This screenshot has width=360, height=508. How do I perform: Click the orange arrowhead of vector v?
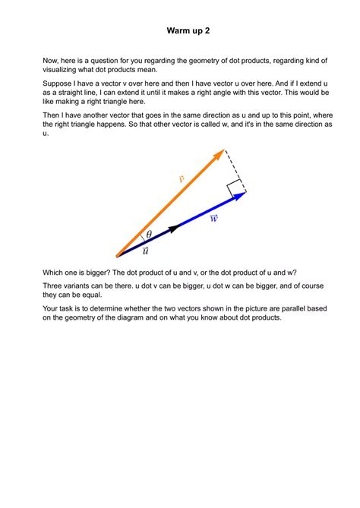pos(219,154)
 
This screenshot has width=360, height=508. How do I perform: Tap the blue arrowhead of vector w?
pos(239,196)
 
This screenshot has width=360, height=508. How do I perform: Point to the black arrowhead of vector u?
pos(174,227)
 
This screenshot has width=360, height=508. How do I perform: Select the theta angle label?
pos(149,235)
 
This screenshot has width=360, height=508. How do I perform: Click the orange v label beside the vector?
pos(182,179)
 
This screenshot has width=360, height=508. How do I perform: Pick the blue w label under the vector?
pos(213,219)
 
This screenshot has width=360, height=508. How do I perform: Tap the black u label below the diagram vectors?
pos(145,250)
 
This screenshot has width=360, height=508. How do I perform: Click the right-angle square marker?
pos(235,187)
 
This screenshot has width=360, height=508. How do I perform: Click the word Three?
pos(53,284)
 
